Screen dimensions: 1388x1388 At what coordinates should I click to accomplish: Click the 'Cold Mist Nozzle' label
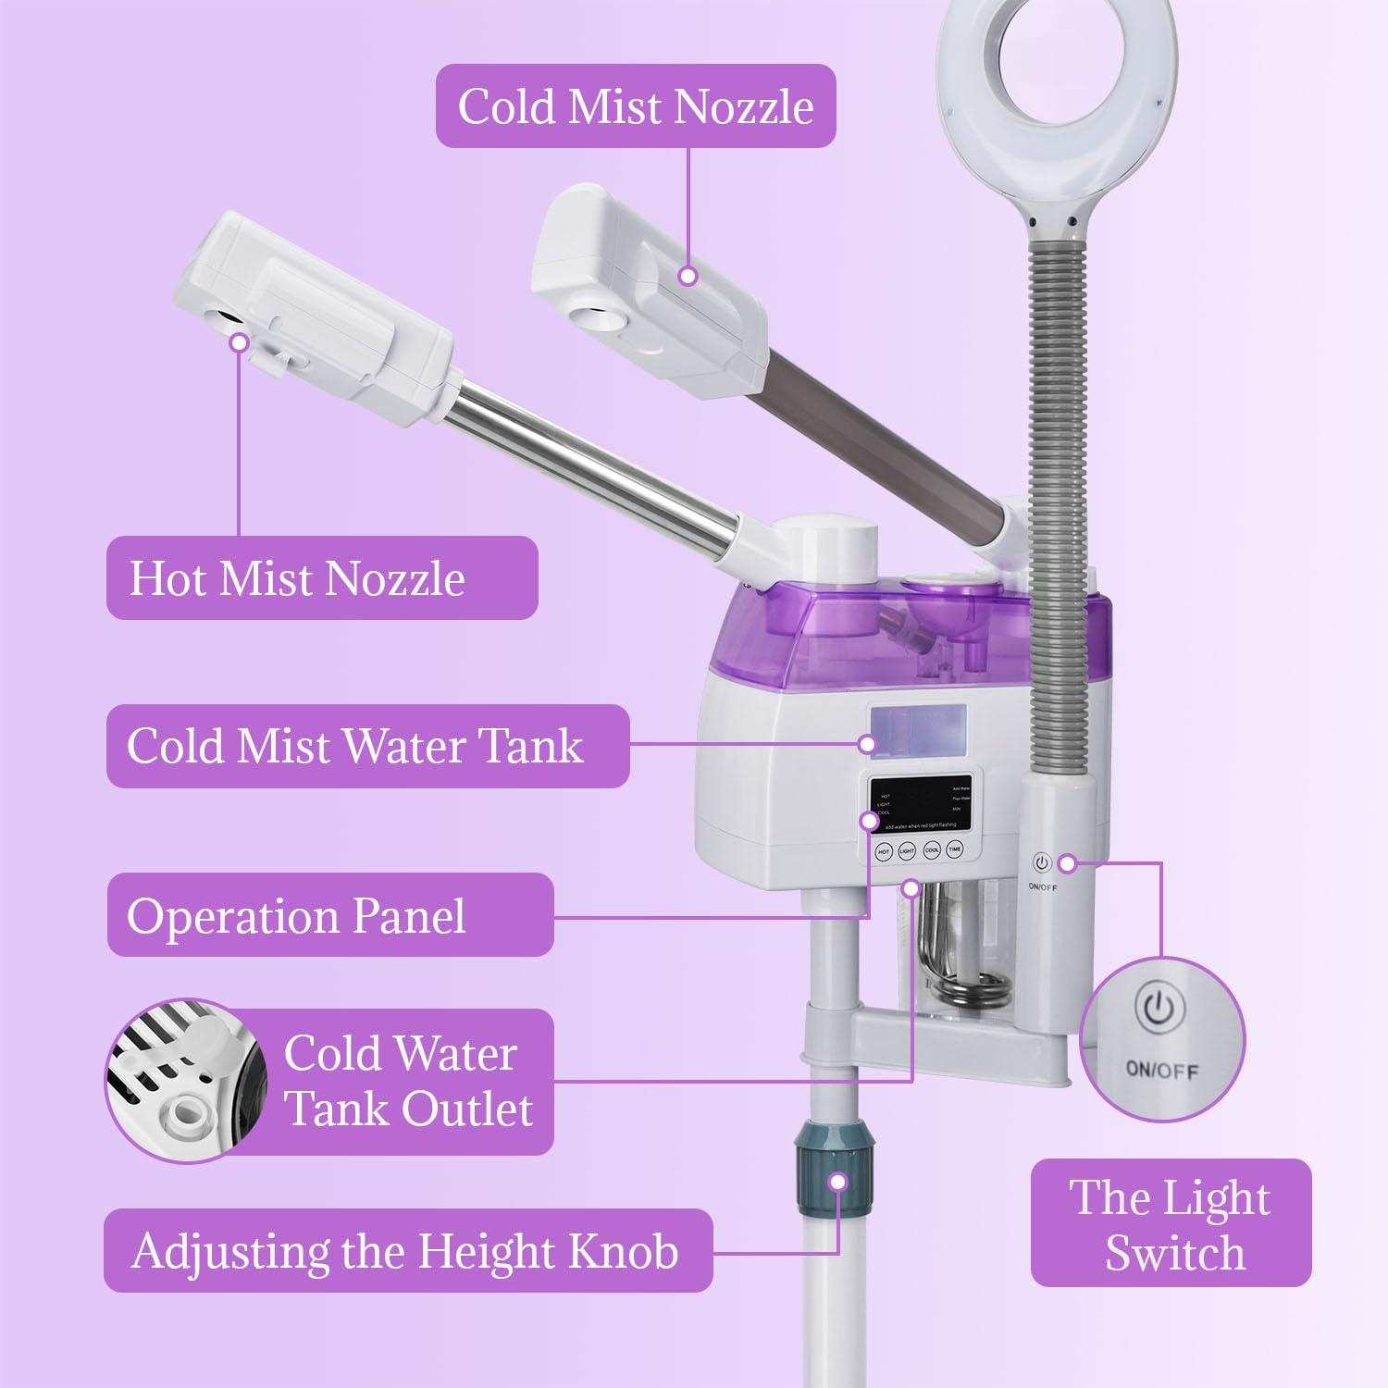[636, 105]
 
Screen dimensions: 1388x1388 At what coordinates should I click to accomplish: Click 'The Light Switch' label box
[1171, 1223]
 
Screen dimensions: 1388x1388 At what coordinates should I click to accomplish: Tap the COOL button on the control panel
[931, 849]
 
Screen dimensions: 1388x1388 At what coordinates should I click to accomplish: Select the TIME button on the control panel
[955, 849]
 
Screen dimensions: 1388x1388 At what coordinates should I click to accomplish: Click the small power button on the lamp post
[1042, 863]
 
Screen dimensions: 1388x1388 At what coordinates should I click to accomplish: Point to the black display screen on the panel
[921, 802]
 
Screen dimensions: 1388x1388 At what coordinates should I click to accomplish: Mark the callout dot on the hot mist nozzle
[240, 342]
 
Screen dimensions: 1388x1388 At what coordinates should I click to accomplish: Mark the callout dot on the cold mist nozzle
[687, 276]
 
